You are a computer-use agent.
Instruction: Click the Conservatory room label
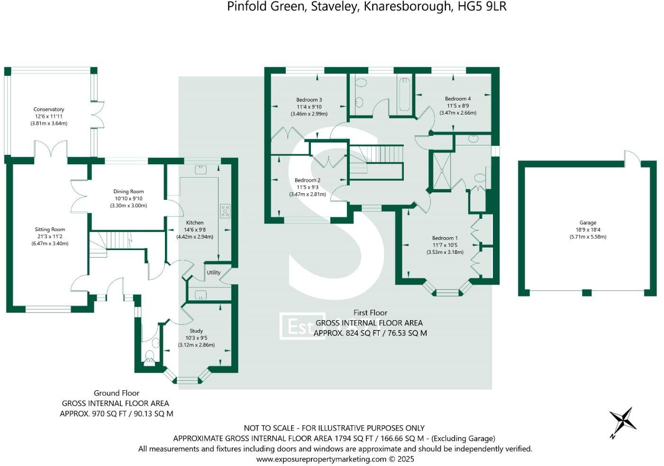[x=49, y=109]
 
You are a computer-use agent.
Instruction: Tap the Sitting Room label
[x=50, y=230]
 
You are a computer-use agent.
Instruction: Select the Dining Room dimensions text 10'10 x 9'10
[x=128, y=199]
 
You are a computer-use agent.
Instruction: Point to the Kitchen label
[x=195, y=223]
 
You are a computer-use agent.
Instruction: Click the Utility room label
[x=214, y=273]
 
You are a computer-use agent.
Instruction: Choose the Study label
[x=196, y=331]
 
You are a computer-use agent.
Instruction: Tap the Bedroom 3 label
[x=309, y=100]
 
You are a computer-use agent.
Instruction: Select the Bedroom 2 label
[x=308, y=180]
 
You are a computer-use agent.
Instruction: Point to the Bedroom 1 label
[x=445, y=238]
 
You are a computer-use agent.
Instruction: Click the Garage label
[x=588, y=223]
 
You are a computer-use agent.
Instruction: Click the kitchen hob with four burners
[x=225, y=211]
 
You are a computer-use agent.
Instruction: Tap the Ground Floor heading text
[x=117, y=393]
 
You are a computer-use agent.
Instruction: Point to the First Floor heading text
[x=370, y=313]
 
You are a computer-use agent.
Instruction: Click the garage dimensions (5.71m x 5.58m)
[x=588, y=237]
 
